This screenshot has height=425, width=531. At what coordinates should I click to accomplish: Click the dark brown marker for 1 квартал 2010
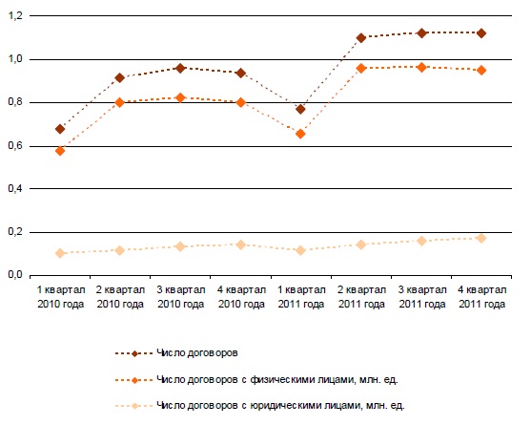tap(60, 129)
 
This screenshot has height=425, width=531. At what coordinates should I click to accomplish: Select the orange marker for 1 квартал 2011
tap(300, 134)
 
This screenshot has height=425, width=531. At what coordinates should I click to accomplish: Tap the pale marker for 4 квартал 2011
tap(481, 238)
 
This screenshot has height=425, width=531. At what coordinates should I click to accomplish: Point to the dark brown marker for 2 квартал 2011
tap(361, 37)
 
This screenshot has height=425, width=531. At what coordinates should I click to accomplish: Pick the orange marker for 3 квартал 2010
tap(180, 97)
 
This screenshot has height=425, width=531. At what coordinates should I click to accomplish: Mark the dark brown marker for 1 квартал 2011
tap(300, 109)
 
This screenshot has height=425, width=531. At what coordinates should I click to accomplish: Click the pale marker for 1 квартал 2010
tap(60, 253)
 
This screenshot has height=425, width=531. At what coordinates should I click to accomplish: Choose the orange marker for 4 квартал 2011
tap(481, 71)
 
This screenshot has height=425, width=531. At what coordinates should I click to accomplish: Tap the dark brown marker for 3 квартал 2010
tap(180, 68)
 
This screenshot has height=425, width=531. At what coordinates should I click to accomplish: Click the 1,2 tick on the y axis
tap(15, 16)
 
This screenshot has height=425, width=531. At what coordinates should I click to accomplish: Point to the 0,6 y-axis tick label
tap(15, 146)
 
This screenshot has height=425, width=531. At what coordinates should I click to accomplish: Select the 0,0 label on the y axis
tap(15, 274)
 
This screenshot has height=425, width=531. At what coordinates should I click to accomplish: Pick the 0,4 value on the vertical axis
tap(15, 188)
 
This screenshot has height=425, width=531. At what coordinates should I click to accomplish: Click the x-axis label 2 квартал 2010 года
tap(120, 297)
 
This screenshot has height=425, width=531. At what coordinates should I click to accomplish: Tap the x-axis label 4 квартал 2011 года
tap(481, 297)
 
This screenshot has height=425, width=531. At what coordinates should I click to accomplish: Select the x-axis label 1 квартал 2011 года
tap(301, 297)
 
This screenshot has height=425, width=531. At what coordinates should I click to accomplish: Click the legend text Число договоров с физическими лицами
tap(277, 379)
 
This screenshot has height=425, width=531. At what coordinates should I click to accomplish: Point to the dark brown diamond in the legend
tap(134, 353)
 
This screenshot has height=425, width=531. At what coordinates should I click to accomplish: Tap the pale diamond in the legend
tap(134, 406)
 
